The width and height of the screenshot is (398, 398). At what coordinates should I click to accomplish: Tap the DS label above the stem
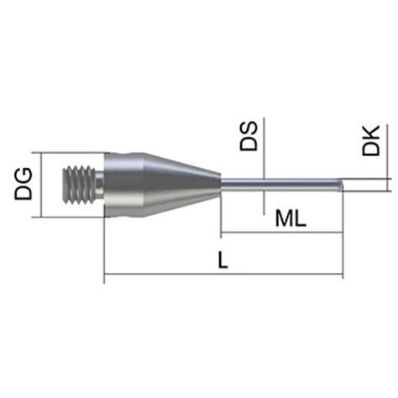tap(249, 136)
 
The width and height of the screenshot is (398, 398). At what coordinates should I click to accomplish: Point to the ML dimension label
tap(291, 220)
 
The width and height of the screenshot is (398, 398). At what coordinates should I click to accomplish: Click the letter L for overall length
tap(222, 261)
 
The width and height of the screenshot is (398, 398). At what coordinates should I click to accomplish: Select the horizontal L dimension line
tap(168, 275)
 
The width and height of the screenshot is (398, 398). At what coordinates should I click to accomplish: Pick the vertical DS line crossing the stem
tap(264, 160)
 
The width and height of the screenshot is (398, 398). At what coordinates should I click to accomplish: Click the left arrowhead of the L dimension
tap(107, 275)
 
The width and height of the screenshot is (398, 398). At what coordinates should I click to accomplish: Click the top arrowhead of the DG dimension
tap(43, 155)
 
